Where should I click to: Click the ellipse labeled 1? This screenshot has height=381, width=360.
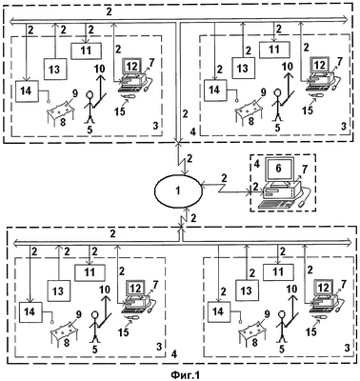click(x=178, y=190)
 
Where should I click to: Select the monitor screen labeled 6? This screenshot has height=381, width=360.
click(x=278, y=169)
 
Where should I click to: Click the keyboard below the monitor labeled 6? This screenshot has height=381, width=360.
click(x=275, y=204)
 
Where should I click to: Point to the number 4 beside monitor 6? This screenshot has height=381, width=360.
click(x=256, y=164)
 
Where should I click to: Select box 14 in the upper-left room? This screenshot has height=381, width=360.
click(x=27, y=91)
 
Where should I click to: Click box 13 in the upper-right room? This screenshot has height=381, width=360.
click(x=243, y=69)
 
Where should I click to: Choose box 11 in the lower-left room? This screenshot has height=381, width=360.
click(x=90, y=272)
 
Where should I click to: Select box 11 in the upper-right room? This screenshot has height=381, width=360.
click(x=274, y=50)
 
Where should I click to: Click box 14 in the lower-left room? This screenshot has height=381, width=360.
click(x=30, y=312)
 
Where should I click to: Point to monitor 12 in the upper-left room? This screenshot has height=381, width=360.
click(x=131, y=67)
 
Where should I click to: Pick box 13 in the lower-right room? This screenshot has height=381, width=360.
click(x=247, y=291)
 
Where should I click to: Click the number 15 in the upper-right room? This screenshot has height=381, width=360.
click(x=308, y=110)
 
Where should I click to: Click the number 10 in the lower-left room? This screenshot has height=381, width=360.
click(x=105, y=290)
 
